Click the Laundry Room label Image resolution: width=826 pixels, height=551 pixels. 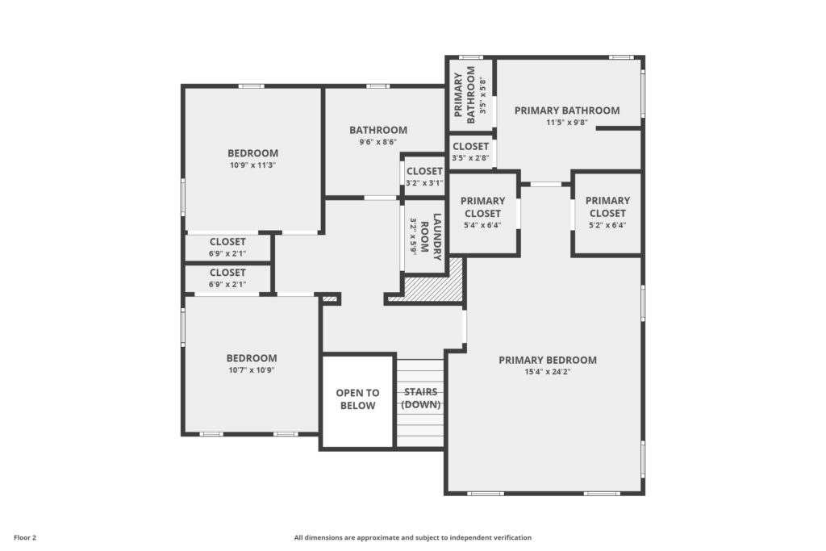point(431,236)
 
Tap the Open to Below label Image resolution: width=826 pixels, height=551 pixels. point(357,399)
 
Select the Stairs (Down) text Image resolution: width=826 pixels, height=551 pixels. point(421,399)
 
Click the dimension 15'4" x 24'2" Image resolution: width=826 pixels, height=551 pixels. point(548,372)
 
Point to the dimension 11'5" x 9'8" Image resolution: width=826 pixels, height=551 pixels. point(567,122)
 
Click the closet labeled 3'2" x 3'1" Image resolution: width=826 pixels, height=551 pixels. point(424,177)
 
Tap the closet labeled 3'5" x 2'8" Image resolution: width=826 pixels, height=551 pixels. point(470,152)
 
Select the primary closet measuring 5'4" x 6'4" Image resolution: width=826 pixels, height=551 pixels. point(482,213)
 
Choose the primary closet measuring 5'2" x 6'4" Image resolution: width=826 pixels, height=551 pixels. point(607,213)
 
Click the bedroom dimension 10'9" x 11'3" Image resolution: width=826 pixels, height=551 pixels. point(252,165)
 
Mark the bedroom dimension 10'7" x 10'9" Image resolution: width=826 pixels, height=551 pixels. point(252,369)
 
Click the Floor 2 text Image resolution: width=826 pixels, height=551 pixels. point(25,538)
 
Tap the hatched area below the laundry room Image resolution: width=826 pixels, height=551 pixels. point(433,285)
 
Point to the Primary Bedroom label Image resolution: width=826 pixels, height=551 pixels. point(548,361)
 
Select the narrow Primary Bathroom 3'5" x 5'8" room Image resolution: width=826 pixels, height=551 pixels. point(470,95)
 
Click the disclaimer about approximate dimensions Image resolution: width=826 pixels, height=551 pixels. point(412,538)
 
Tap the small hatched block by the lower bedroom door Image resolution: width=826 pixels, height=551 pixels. point(329,299)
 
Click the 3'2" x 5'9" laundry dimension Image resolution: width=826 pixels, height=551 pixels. point(414,236)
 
